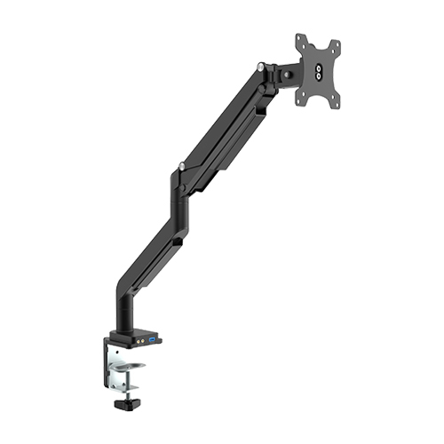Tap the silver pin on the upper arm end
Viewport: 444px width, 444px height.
coord(260,66)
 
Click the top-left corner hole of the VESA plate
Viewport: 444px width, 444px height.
coord(299,39)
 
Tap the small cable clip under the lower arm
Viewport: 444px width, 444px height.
coord(178,241)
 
